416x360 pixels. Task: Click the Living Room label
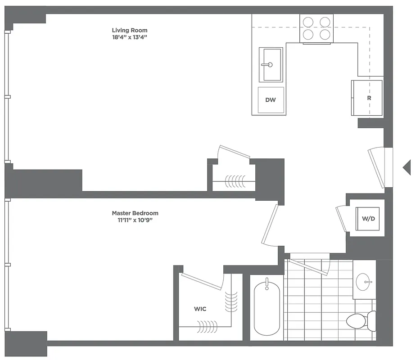coord(130,30)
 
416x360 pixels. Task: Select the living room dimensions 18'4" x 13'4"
coord(130,37)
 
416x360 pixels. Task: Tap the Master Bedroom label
coord(135,213)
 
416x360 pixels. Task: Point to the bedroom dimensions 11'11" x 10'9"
coord(135,220)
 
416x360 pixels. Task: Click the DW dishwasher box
coord(271,100)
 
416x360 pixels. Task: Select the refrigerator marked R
coord(367,98)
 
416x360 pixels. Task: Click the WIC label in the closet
coord(200,309)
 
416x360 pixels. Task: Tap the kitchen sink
coord(271,65)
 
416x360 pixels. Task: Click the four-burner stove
coord(317,28)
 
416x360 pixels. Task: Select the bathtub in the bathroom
coord(267,308)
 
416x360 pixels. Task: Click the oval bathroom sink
coord(364,282)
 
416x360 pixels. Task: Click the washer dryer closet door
coord(342,219)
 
